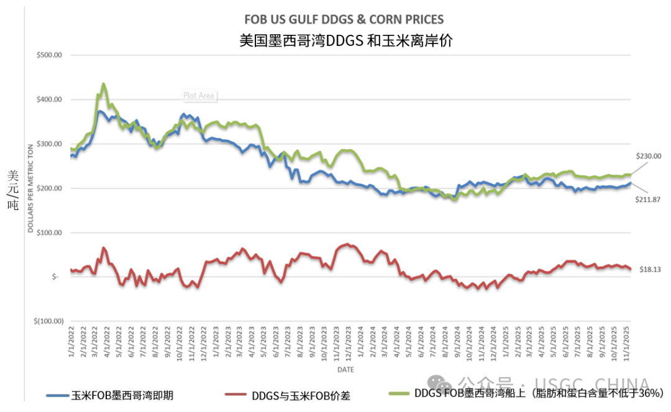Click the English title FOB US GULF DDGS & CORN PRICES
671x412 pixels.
[x=335, y=20]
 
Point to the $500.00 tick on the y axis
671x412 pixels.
[x=50, y=55]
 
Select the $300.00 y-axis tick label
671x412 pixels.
[x=50, y=144]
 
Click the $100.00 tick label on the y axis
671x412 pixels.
[x=50, y=233]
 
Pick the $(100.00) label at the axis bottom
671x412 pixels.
[x=48, y=321]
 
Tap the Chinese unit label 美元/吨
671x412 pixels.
[x=13, y=190]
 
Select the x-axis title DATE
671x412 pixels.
[x=346, y=370]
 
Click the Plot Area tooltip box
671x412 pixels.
[x=198, y=96]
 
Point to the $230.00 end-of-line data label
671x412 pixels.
[x=648, y=156]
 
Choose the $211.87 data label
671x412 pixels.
[x=648, y=198]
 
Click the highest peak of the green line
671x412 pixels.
[x=103, y=83]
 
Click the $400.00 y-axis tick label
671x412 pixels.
[x=50, y=100]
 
